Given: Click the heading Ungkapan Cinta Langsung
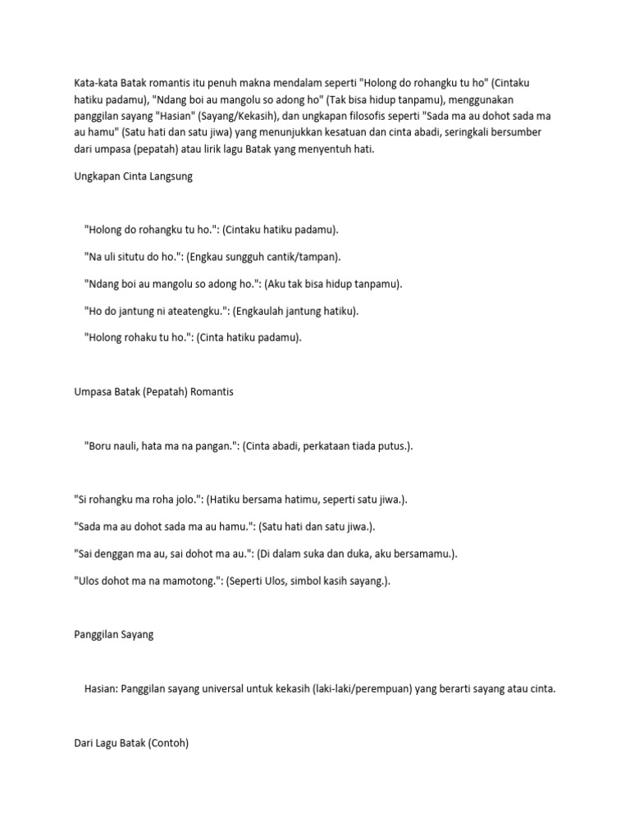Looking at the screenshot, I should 133,176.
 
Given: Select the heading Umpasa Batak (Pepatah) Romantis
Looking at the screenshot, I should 153,392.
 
